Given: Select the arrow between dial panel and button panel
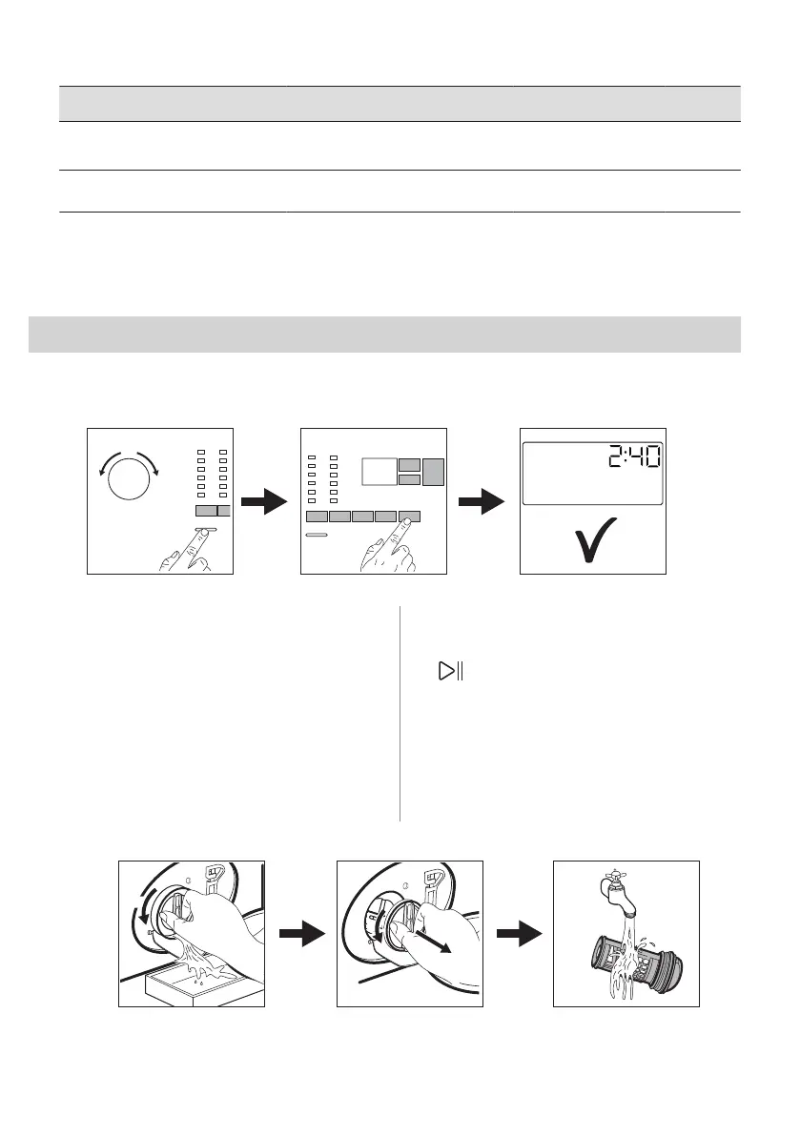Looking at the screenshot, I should coord(266,501).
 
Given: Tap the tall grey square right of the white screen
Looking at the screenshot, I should coord(434,474).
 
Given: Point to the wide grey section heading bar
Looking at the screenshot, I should coord(385,334).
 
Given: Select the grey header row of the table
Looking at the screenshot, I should coord(400,103).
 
